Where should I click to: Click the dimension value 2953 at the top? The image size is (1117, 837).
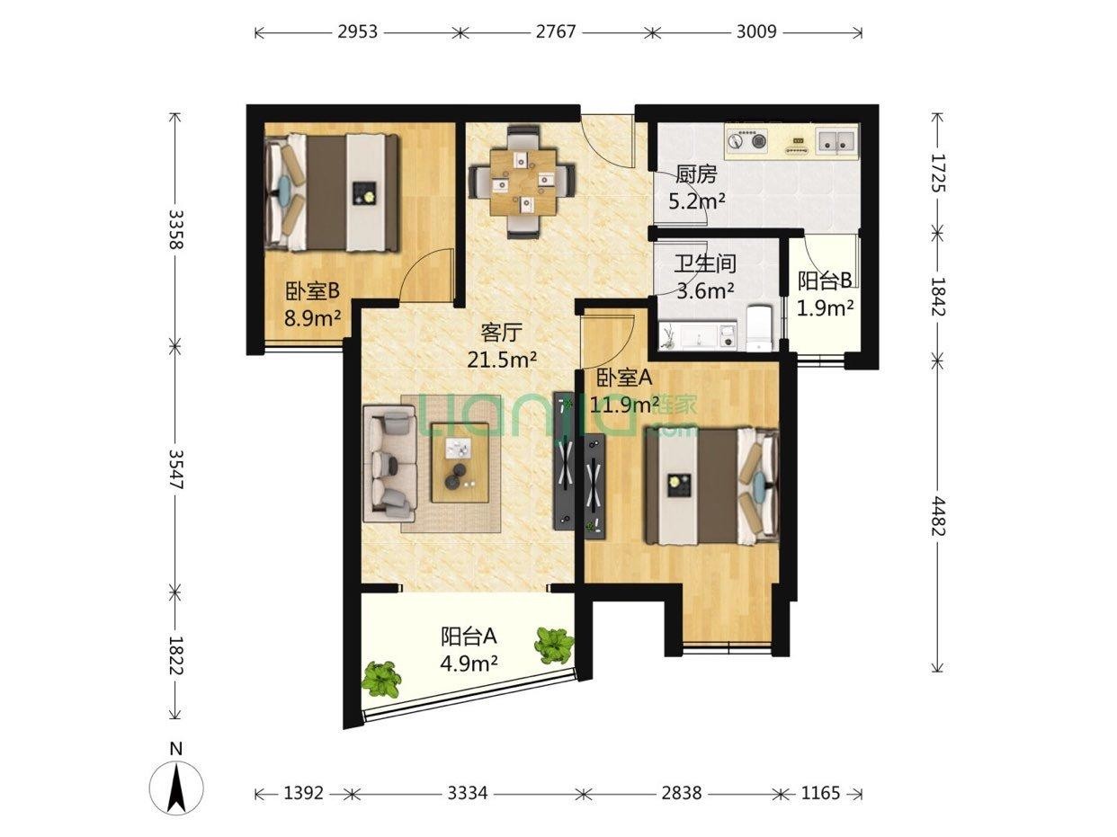(357, 32)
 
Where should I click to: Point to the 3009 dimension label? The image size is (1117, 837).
(756, 32)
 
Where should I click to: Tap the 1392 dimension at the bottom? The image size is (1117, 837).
(303, 793)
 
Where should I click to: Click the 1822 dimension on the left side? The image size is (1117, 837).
(176, 655)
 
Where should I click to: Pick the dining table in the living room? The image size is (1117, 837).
(523, 181)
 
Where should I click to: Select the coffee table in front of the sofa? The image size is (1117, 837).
(460, 463)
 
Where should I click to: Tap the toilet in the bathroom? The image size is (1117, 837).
(760, 328)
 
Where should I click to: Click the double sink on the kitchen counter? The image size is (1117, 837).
(836, 140)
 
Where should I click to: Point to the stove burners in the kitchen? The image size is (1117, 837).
(746, 140)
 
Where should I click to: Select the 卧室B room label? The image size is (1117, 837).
(312, 291)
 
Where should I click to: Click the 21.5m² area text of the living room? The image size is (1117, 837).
(502, 360)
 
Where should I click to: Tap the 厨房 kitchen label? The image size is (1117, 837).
(696, 175)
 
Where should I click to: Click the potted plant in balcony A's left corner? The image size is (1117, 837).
(380, 679)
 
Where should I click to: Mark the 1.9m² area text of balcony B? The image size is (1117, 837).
(825, 307)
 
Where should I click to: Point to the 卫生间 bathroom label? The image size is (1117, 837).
(705, 263)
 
